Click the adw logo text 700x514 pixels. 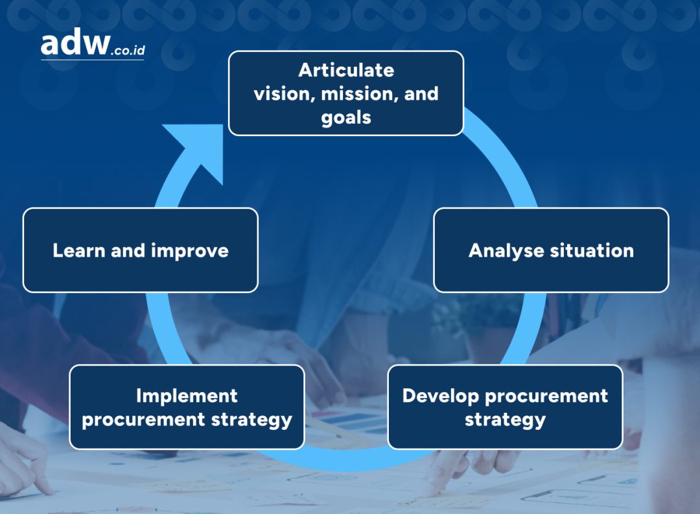75,42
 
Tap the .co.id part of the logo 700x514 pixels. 128,50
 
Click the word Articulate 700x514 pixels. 346,70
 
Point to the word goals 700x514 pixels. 346,119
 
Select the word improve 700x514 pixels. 190,251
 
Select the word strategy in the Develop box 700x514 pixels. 506,420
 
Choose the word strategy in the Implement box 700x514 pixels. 251,420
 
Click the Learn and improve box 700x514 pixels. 141,250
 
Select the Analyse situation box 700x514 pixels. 552,250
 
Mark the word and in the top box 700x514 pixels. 421,94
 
